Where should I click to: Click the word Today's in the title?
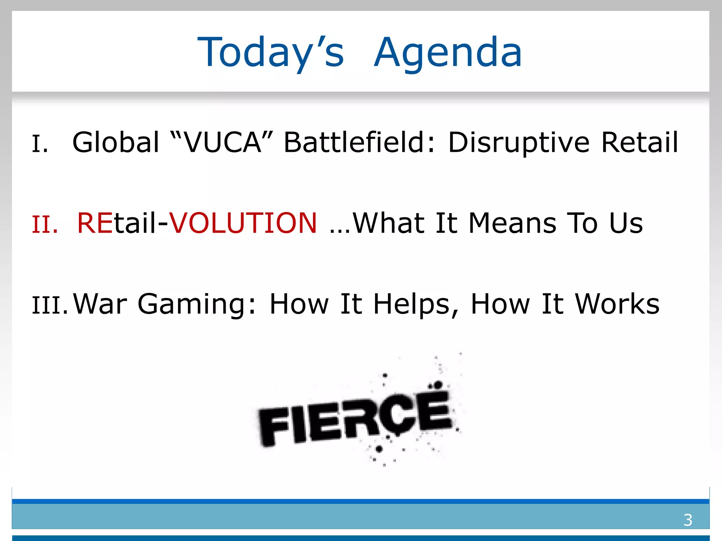[x=270, y=53]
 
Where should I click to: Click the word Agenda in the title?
[x=448, y=53]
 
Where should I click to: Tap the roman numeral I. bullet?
[x=40, y=144]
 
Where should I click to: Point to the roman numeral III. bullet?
[x=50, y=305]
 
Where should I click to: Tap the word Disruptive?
[x=519, y=142]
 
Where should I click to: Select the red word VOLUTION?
[x=243, y=223]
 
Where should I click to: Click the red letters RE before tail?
[x=94, y=223]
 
